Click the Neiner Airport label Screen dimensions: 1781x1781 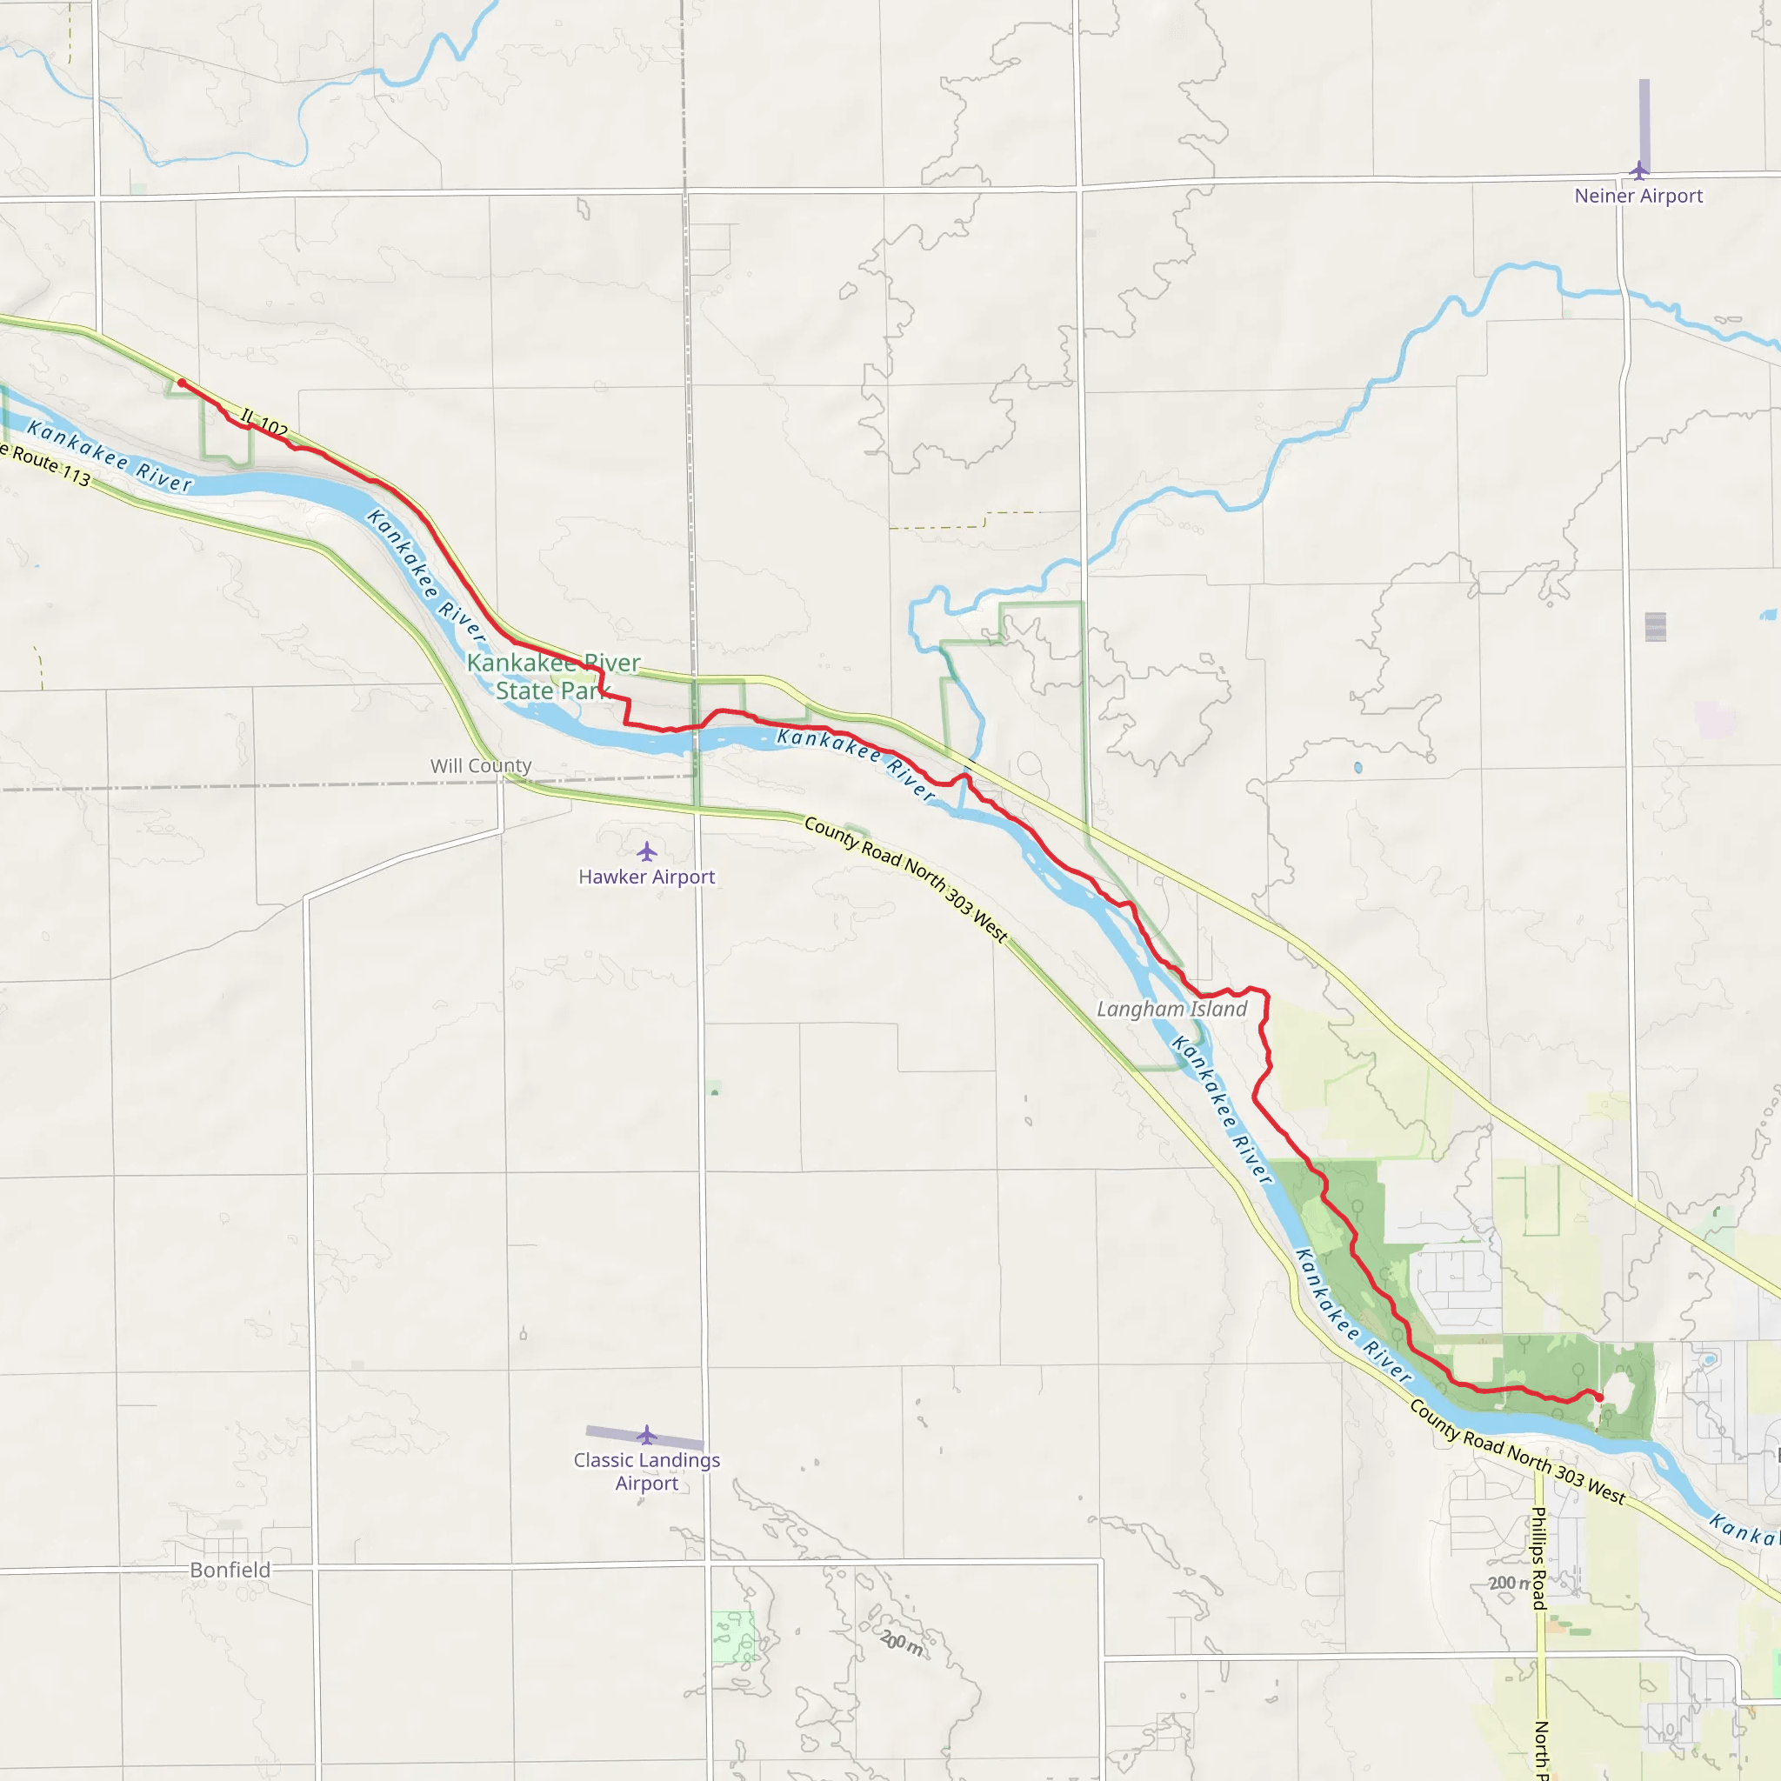(x=1638, y=196)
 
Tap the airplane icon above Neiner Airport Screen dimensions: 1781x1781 (x=1638, y=170)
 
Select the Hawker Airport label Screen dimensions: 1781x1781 (x=646, y=877)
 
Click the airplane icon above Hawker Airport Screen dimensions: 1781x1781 (x=647, y=850)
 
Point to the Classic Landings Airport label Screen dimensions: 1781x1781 (x=646, y=1471)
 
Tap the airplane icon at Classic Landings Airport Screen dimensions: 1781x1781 (x=647, y=1435)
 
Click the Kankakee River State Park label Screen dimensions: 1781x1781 (x=553, y=677)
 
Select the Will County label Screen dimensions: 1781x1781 (x=480, y=766)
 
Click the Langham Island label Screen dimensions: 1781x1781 (x=1171, y=1010)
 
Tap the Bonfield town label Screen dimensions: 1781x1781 (x=230, y=1570)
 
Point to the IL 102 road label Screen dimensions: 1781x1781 (x=264, y=424)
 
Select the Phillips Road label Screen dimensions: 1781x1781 (x=1538, y=1558)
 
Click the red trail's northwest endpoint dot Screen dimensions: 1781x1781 (x=182, y=383)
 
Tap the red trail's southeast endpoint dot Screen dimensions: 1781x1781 (x=1598, y=1397)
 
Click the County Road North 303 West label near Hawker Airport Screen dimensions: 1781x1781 (x=906, y=879)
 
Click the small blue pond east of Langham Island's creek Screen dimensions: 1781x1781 (x=1357, y=767)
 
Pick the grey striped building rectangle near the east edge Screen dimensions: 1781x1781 (x=1655, y=627)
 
